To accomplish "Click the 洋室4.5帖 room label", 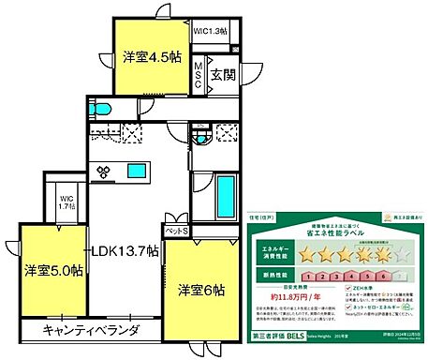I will pos(149,55).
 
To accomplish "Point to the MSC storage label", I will pos(199,74).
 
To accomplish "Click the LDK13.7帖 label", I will pos(125,251).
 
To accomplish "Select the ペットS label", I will pos(177,230).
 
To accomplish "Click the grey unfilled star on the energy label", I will pos(402,254).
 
